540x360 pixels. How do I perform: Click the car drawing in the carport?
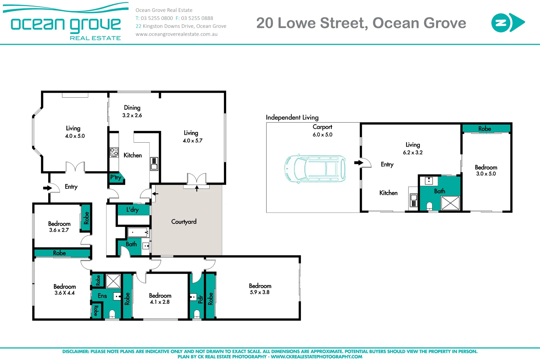315,168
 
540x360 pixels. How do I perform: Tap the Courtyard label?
184,222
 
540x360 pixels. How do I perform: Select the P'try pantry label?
115,177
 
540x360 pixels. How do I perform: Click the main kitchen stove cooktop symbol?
114,152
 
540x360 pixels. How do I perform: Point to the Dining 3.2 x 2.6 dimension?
132,115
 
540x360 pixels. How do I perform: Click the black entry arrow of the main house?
47,188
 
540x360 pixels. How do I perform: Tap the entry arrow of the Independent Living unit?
358,163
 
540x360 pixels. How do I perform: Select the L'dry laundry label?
132,210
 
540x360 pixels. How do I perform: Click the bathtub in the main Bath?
138,232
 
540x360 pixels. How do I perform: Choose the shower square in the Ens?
113,281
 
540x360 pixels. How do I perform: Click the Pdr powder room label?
200,299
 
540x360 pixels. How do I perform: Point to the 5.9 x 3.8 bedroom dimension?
260,292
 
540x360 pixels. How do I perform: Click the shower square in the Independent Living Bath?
450,203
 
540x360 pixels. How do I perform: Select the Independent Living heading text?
292,117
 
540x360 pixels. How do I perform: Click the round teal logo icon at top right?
500,23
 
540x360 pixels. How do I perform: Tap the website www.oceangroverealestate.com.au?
176,34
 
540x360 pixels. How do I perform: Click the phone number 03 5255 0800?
157,18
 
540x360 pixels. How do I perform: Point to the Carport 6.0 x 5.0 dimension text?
322,135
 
